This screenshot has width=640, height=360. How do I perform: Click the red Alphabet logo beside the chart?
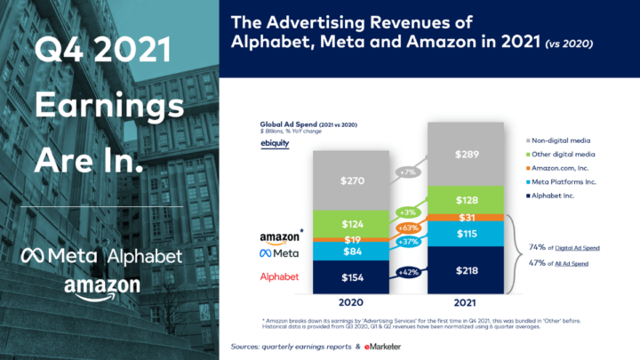point(279,277)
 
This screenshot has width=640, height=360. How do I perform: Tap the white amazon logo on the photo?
point(101,287)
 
